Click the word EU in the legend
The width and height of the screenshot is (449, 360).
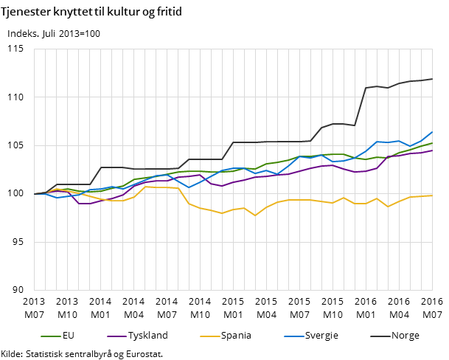point(69,336)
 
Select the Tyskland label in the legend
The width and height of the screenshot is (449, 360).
point(147,336)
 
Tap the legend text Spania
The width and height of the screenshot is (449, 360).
point(235,336)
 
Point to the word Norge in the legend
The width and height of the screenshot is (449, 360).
point(405,336)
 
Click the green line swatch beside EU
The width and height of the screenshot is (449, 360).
point(50,336)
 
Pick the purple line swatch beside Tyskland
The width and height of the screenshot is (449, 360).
point(116,336)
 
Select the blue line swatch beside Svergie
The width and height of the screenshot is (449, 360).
point(290,336)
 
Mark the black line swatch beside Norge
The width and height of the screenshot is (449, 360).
point(379,336)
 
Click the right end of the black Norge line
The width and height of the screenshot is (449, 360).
point(432,79)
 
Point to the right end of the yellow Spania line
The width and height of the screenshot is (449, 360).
point(432,195)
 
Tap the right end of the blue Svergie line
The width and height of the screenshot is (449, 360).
point(432,132)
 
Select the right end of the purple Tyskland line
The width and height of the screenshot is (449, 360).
point(432,150)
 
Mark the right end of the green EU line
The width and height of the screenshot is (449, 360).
point(432,143)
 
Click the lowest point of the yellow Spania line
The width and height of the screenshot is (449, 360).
point(255,215)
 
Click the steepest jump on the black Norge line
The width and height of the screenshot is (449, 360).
point(361,107)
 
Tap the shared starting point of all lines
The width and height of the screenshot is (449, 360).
point(35,194)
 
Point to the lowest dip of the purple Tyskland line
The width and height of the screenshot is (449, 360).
point(84,204)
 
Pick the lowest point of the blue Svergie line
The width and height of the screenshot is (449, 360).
point(57,198)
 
